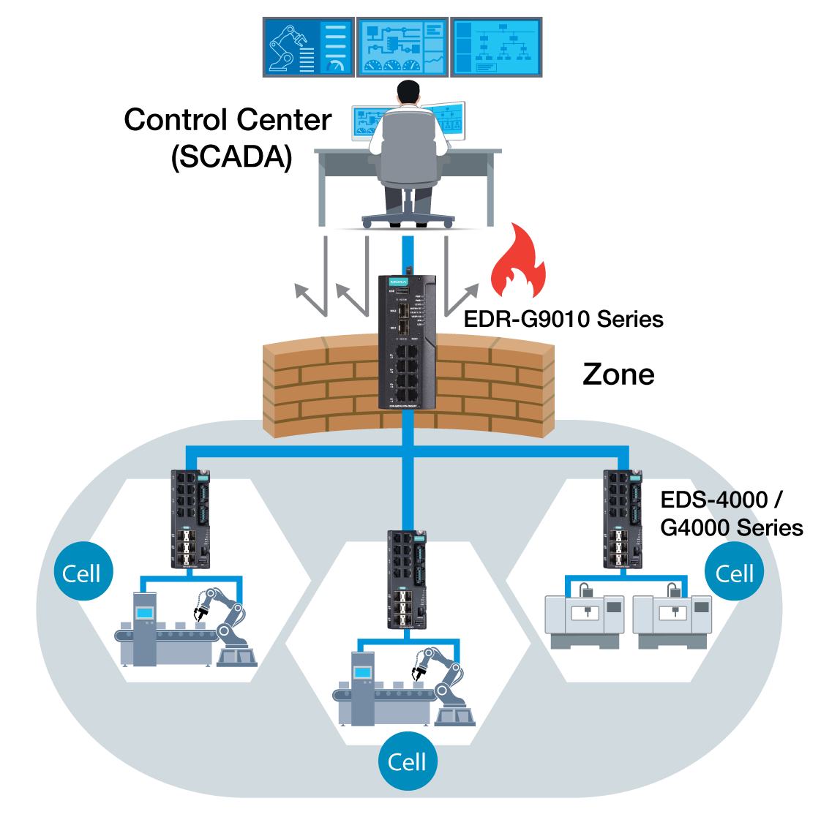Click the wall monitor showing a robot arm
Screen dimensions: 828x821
(308, 48)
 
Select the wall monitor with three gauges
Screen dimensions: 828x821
(402, 48)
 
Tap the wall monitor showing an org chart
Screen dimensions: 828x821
(496, 48)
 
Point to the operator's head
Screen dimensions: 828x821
(408, 93)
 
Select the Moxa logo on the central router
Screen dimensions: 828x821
(398, 282)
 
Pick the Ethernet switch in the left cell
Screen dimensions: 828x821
(190, 519)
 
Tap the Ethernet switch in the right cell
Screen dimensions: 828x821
(623, 519)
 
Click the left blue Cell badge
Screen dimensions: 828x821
(83, 573)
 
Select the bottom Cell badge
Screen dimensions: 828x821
(408, 761)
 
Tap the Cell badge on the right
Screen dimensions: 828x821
(734, 573)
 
